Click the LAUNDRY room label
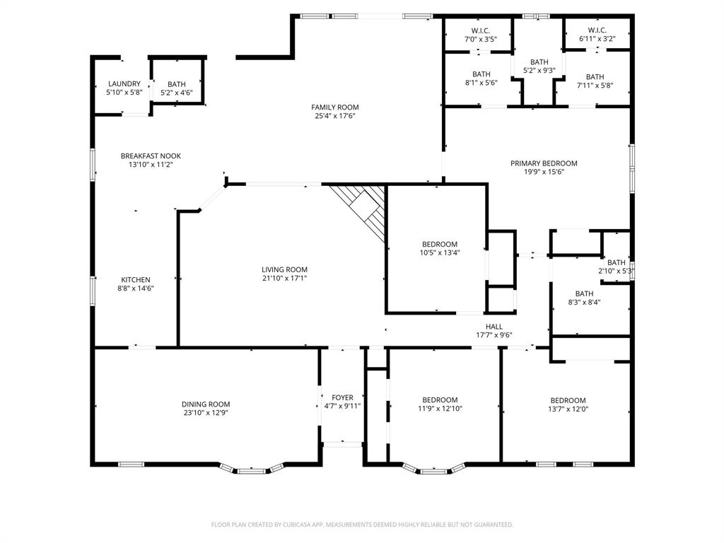coord(124,84)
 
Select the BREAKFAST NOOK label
coord(151,156)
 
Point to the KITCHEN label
coord(135,280)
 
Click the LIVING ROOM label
coord(284,269)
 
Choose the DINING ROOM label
coord(205,404)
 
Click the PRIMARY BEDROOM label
coord(544,163)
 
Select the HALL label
coord(494,327)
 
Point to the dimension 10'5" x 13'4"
coord(440,253)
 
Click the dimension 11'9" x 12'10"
coord(440,409)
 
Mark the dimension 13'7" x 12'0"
coord(568,409)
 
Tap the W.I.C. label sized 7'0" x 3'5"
coord(481,40)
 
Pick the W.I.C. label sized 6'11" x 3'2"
coord(597,40)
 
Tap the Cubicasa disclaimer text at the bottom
coord(362,525)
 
